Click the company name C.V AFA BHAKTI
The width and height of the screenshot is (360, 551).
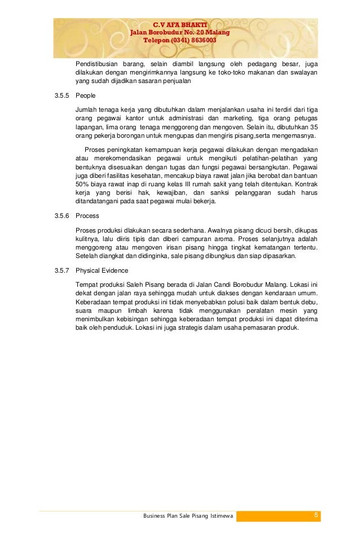[180, 24]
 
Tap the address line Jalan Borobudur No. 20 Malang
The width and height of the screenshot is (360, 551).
[180, 33]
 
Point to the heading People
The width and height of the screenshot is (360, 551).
[86, 97]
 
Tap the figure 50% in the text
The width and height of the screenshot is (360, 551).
[83, 185]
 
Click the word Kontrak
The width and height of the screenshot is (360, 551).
[305, 185]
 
